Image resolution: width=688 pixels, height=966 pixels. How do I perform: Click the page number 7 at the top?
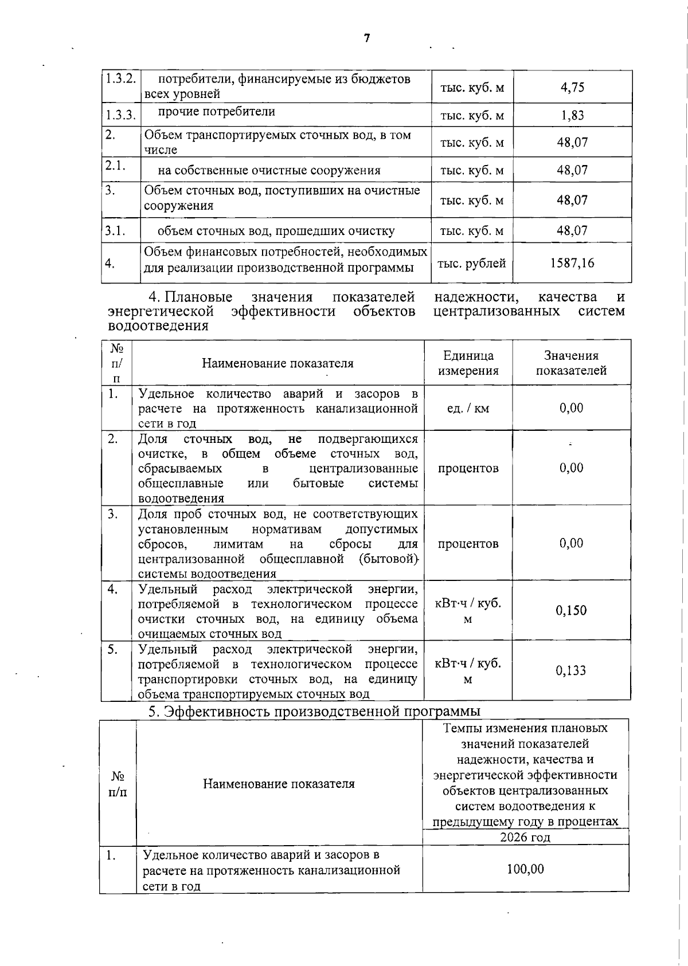tap(367, 38)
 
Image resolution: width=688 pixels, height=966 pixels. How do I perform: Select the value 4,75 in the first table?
tap(572, 87)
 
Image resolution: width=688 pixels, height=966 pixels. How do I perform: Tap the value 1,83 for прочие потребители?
tap(572, 115)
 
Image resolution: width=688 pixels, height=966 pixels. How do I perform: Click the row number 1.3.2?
tap(120, 79)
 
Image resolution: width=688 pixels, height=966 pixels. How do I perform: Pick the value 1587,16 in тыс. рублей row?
tap(572, 263)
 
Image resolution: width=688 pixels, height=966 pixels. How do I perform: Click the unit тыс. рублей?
tap(472, 264)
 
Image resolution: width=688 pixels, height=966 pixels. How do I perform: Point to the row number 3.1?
tap(115, 231)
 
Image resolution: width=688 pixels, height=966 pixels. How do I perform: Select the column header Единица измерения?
tap(468, 363)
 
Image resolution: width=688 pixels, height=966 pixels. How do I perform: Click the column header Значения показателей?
tap(571, 363)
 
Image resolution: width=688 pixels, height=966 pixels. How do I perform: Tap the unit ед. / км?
tap(468, 409)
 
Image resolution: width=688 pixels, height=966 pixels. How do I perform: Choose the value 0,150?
tap(571, 610)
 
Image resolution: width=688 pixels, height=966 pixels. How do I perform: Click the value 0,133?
tap(571, 670)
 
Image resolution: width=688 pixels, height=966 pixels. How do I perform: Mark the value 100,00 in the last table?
tap(525, 869)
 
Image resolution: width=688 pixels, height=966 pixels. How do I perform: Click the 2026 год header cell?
tap(525, 837)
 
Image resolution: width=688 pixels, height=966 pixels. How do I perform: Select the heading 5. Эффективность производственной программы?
tap(314, 711)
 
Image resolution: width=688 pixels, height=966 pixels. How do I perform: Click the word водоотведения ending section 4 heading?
tap(158, 326)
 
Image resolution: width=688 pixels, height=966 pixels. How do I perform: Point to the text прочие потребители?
tap(216, 112)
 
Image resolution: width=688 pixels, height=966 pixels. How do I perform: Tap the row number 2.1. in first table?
tap(115, 165)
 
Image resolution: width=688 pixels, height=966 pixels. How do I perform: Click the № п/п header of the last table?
tap(118, 784)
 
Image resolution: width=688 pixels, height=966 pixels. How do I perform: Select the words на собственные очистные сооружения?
tap(269, 170)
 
